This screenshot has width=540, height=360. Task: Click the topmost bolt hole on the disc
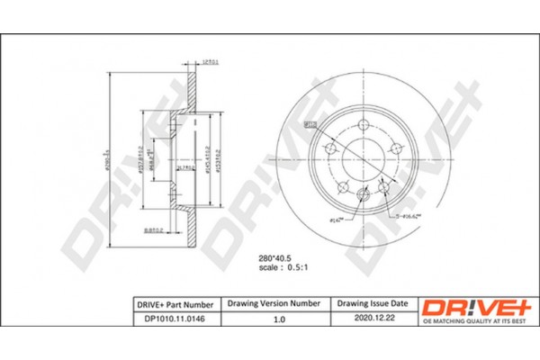(363, 125)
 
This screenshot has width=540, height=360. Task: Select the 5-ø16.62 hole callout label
(407, 216)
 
